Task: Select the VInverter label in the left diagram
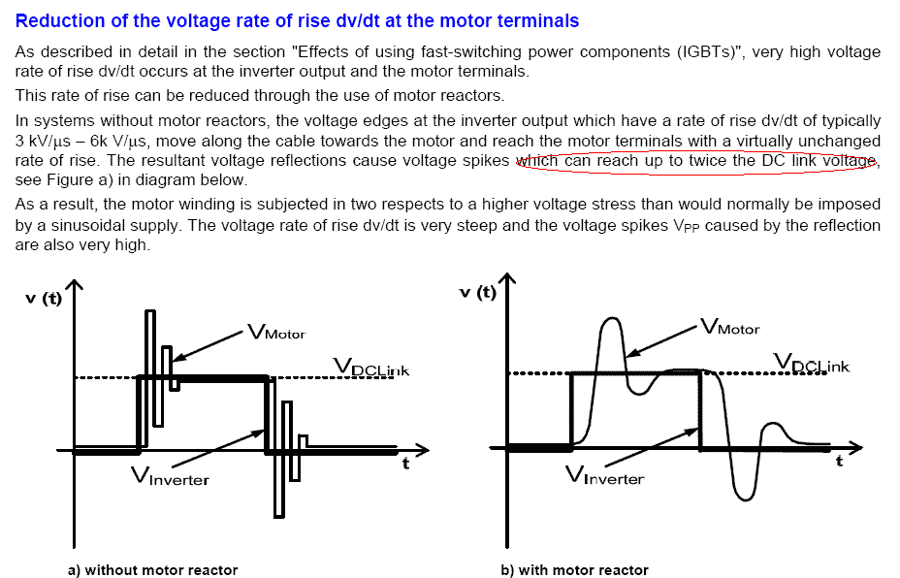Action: pos(170,477)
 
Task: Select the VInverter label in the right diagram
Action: pos(603,476)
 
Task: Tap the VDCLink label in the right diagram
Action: pos(811,364)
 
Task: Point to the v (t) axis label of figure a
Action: pos(43,299)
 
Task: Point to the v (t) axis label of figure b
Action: pos(477,293)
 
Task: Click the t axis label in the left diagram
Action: pos(406,466)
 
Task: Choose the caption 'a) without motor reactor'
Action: pos(152,569)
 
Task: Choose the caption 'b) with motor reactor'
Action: pos(574,569)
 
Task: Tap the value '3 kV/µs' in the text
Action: pos(44,141)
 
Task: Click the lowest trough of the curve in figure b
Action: pos(744,498)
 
